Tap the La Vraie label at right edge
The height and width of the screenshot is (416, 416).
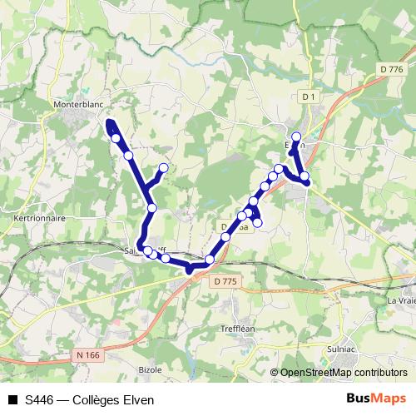pos(401,300)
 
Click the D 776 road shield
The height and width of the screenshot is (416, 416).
pos(389,70)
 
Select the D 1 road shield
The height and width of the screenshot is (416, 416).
pos(310,97)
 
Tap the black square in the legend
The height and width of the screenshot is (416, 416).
pos(12,399)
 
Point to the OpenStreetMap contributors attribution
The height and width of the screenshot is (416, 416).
pos(344,373)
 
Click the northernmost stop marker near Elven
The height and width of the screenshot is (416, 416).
pos(295,136)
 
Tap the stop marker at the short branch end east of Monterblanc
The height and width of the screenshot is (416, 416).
pos(163,168)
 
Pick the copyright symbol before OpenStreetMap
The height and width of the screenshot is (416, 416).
pos(275,373)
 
